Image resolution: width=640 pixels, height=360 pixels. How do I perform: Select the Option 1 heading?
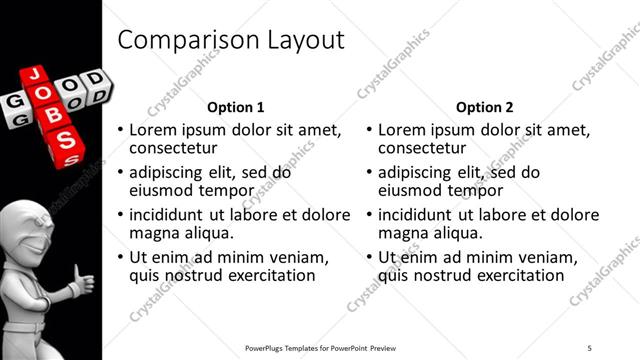point(235,107)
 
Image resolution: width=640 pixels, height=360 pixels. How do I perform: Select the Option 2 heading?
point(485,107)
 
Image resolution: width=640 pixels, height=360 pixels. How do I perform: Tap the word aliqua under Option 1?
point(207,233)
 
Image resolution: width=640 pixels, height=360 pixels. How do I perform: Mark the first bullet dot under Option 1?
point(121,131)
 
